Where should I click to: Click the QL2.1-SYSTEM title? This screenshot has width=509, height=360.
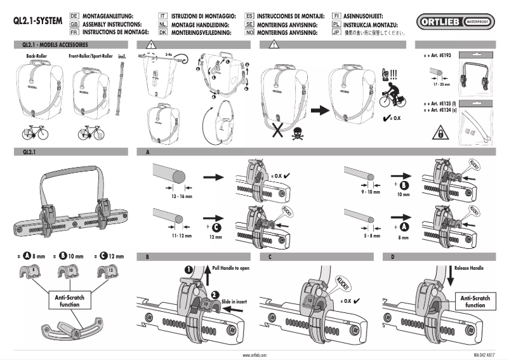point(37,20)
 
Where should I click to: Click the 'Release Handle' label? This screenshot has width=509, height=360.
point(469,269)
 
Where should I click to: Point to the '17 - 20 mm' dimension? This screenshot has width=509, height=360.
point(437,83)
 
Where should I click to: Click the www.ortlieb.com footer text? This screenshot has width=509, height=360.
point(254,355)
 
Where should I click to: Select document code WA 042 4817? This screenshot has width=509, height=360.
point(484,355)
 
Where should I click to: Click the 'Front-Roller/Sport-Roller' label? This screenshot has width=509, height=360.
point(89,57)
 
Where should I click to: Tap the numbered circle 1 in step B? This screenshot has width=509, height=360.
point(188,269)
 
